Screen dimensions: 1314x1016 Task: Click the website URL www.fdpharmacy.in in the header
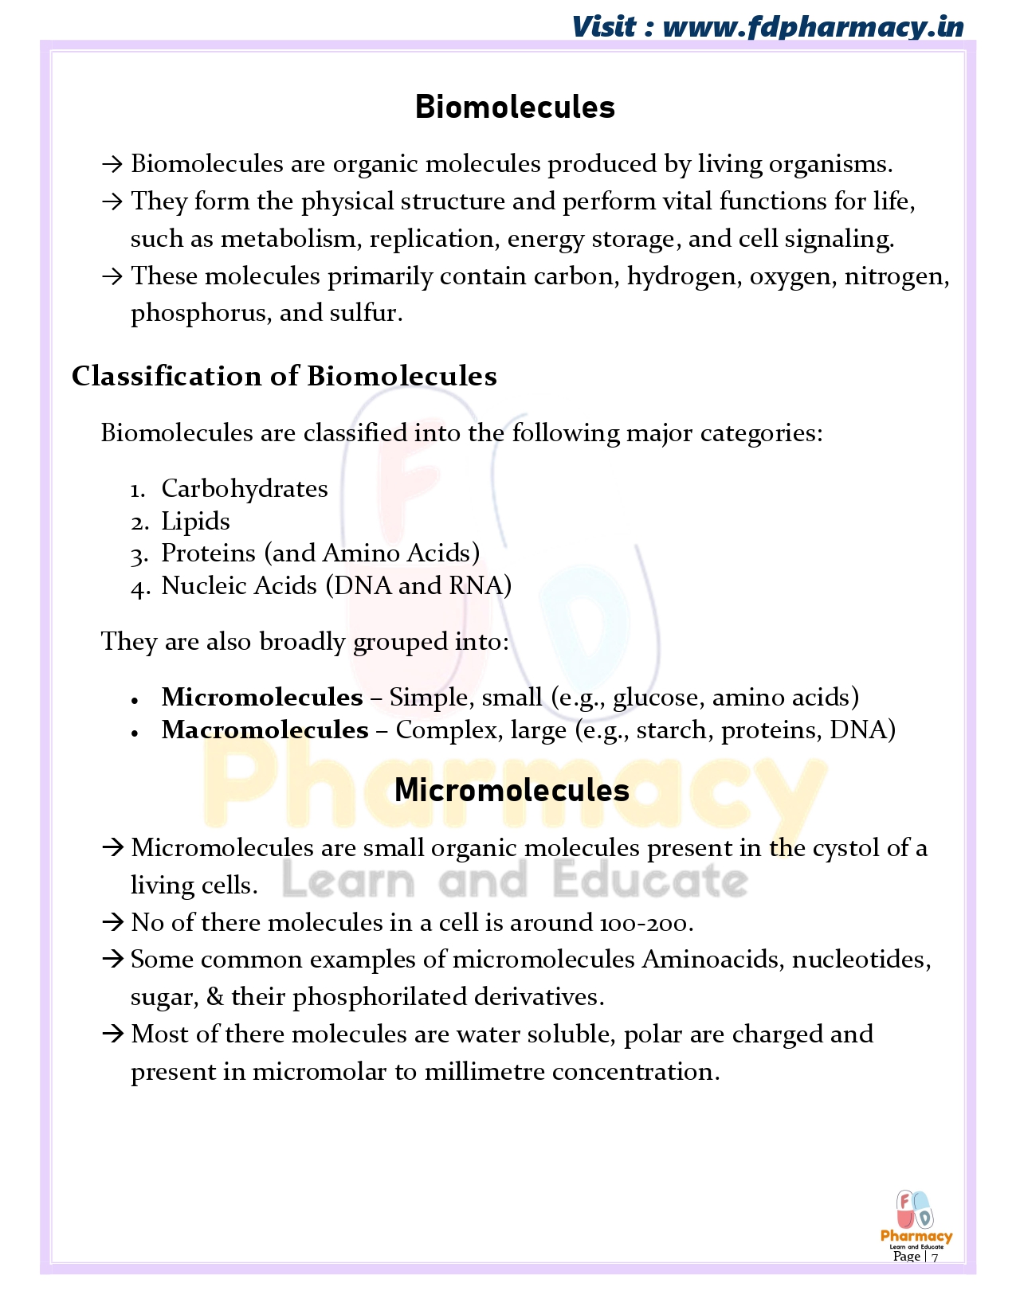point(813,27)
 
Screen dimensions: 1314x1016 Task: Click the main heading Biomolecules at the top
point(515,108)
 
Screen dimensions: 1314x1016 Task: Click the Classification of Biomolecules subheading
point(284,376)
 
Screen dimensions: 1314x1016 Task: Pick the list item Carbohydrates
point(244,488)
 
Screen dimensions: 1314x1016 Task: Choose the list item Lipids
point(195,521)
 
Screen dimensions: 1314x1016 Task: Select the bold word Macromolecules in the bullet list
point(265,729)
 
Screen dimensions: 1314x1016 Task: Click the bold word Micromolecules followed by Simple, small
point(261,697)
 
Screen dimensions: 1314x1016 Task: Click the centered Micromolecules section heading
point(512,790)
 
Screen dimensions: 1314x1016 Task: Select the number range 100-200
point(645,923)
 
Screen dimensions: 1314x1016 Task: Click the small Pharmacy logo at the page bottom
point(916,1218)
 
